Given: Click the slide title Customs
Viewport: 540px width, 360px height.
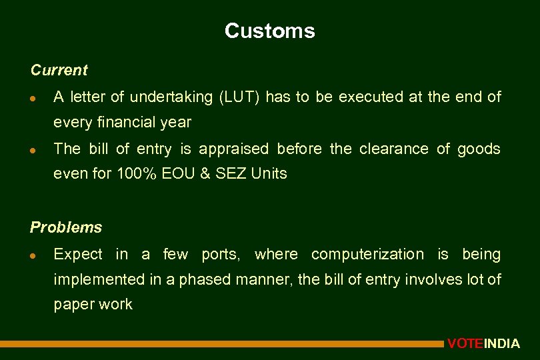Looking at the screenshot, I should point(269,31).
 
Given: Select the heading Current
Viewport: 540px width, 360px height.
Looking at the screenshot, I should point(59,70).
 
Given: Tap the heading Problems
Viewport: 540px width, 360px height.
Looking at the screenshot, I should point(66,227).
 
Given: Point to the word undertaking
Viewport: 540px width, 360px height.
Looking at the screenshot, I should point(170,97).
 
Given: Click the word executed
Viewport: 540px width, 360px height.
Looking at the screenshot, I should point(371,97).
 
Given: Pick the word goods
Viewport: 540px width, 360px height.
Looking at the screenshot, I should point(479,149).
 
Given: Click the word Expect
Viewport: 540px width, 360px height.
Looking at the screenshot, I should point(78,255).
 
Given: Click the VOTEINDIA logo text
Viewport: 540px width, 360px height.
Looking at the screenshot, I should point(483,344).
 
